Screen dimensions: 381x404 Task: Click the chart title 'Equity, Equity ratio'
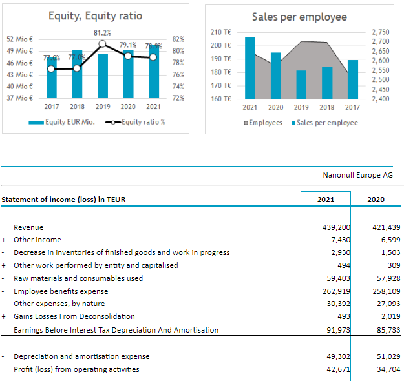(x=95, y=15)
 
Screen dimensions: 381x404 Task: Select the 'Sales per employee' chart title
(x=299, y=17)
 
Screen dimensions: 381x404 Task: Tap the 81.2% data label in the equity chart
(x=101, y=33)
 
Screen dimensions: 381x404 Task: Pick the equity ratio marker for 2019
(x=102, y=44)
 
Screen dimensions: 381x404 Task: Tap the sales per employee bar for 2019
(x=301, y=84)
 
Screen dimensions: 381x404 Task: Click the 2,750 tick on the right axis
(x=381, y=32)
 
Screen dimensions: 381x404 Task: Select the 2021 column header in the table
(x=326, y=200)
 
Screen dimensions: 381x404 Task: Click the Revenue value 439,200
(x=335, y=227)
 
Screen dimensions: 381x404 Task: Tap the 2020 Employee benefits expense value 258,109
(x=387, y=291)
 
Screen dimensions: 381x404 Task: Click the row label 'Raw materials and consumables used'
(x=78, y=278)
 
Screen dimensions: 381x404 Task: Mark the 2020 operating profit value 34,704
(x=387, y=369)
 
